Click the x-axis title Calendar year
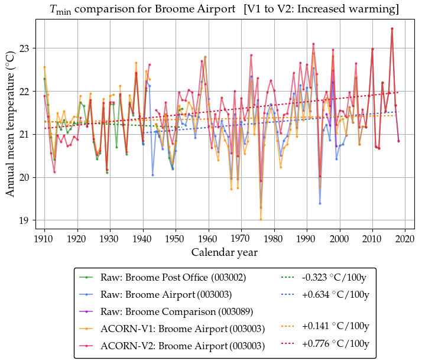[x=224, y=253]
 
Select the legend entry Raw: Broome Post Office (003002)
[x=171, y=277]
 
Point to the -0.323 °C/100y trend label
[x=335, y=277]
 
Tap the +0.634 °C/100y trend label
[x=335, y=294]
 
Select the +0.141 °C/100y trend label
[x=335, y=326]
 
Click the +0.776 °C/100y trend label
[x=335, y=343]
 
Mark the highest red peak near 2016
[x=392, y=28]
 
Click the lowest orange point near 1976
[x=261, y=219]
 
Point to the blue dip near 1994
[x=320, y=203]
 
